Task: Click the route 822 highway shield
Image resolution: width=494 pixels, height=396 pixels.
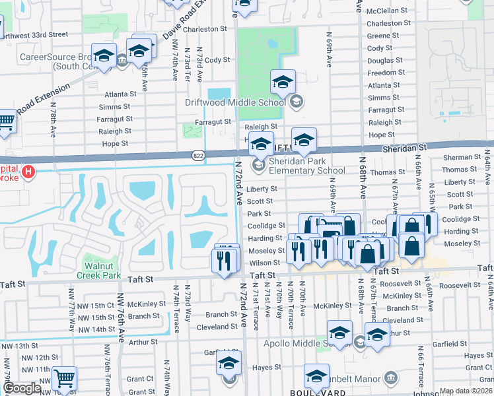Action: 197,155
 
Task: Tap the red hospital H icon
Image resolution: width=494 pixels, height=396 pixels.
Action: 28,173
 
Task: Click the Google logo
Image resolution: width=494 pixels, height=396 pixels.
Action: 21,388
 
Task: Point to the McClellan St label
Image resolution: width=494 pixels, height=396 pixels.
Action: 390,11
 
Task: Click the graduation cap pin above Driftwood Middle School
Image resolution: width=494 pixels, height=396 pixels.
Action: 283,82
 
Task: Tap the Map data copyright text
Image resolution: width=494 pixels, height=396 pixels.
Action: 465,391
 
